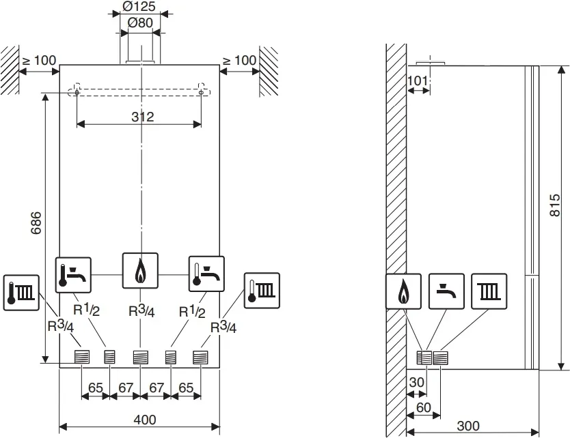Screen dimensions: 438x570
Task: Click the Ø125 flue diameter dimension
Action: tap(139, 8)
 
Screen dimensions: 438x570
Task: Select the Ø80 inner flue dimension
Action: tap(139, 23)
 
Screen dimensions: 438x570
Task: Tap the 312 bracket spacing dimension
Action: tap(143, 116)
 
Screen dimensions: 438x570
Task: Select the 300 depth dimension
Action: tap(467, 426)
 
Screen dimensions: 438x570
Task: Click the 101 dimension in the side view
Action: tap(418, 81)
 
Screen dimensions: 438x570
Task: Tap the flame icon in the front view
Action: tap(140, 271)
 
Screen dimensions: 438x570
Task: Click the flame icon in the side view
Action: tap(403, 291)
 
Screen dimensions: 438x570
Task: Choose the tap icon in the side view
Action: tap(447, 291)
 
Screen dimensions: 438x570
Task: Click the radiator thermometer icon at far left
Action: tap(21, 293)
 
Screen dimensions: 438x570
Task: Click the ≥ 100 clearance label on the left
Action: tap(39, 60)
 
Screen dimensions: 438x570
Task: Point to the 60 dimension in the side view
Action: tap(423, 407)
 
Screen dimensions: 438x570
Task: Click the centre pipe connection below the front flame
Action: tap(140, 357)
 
